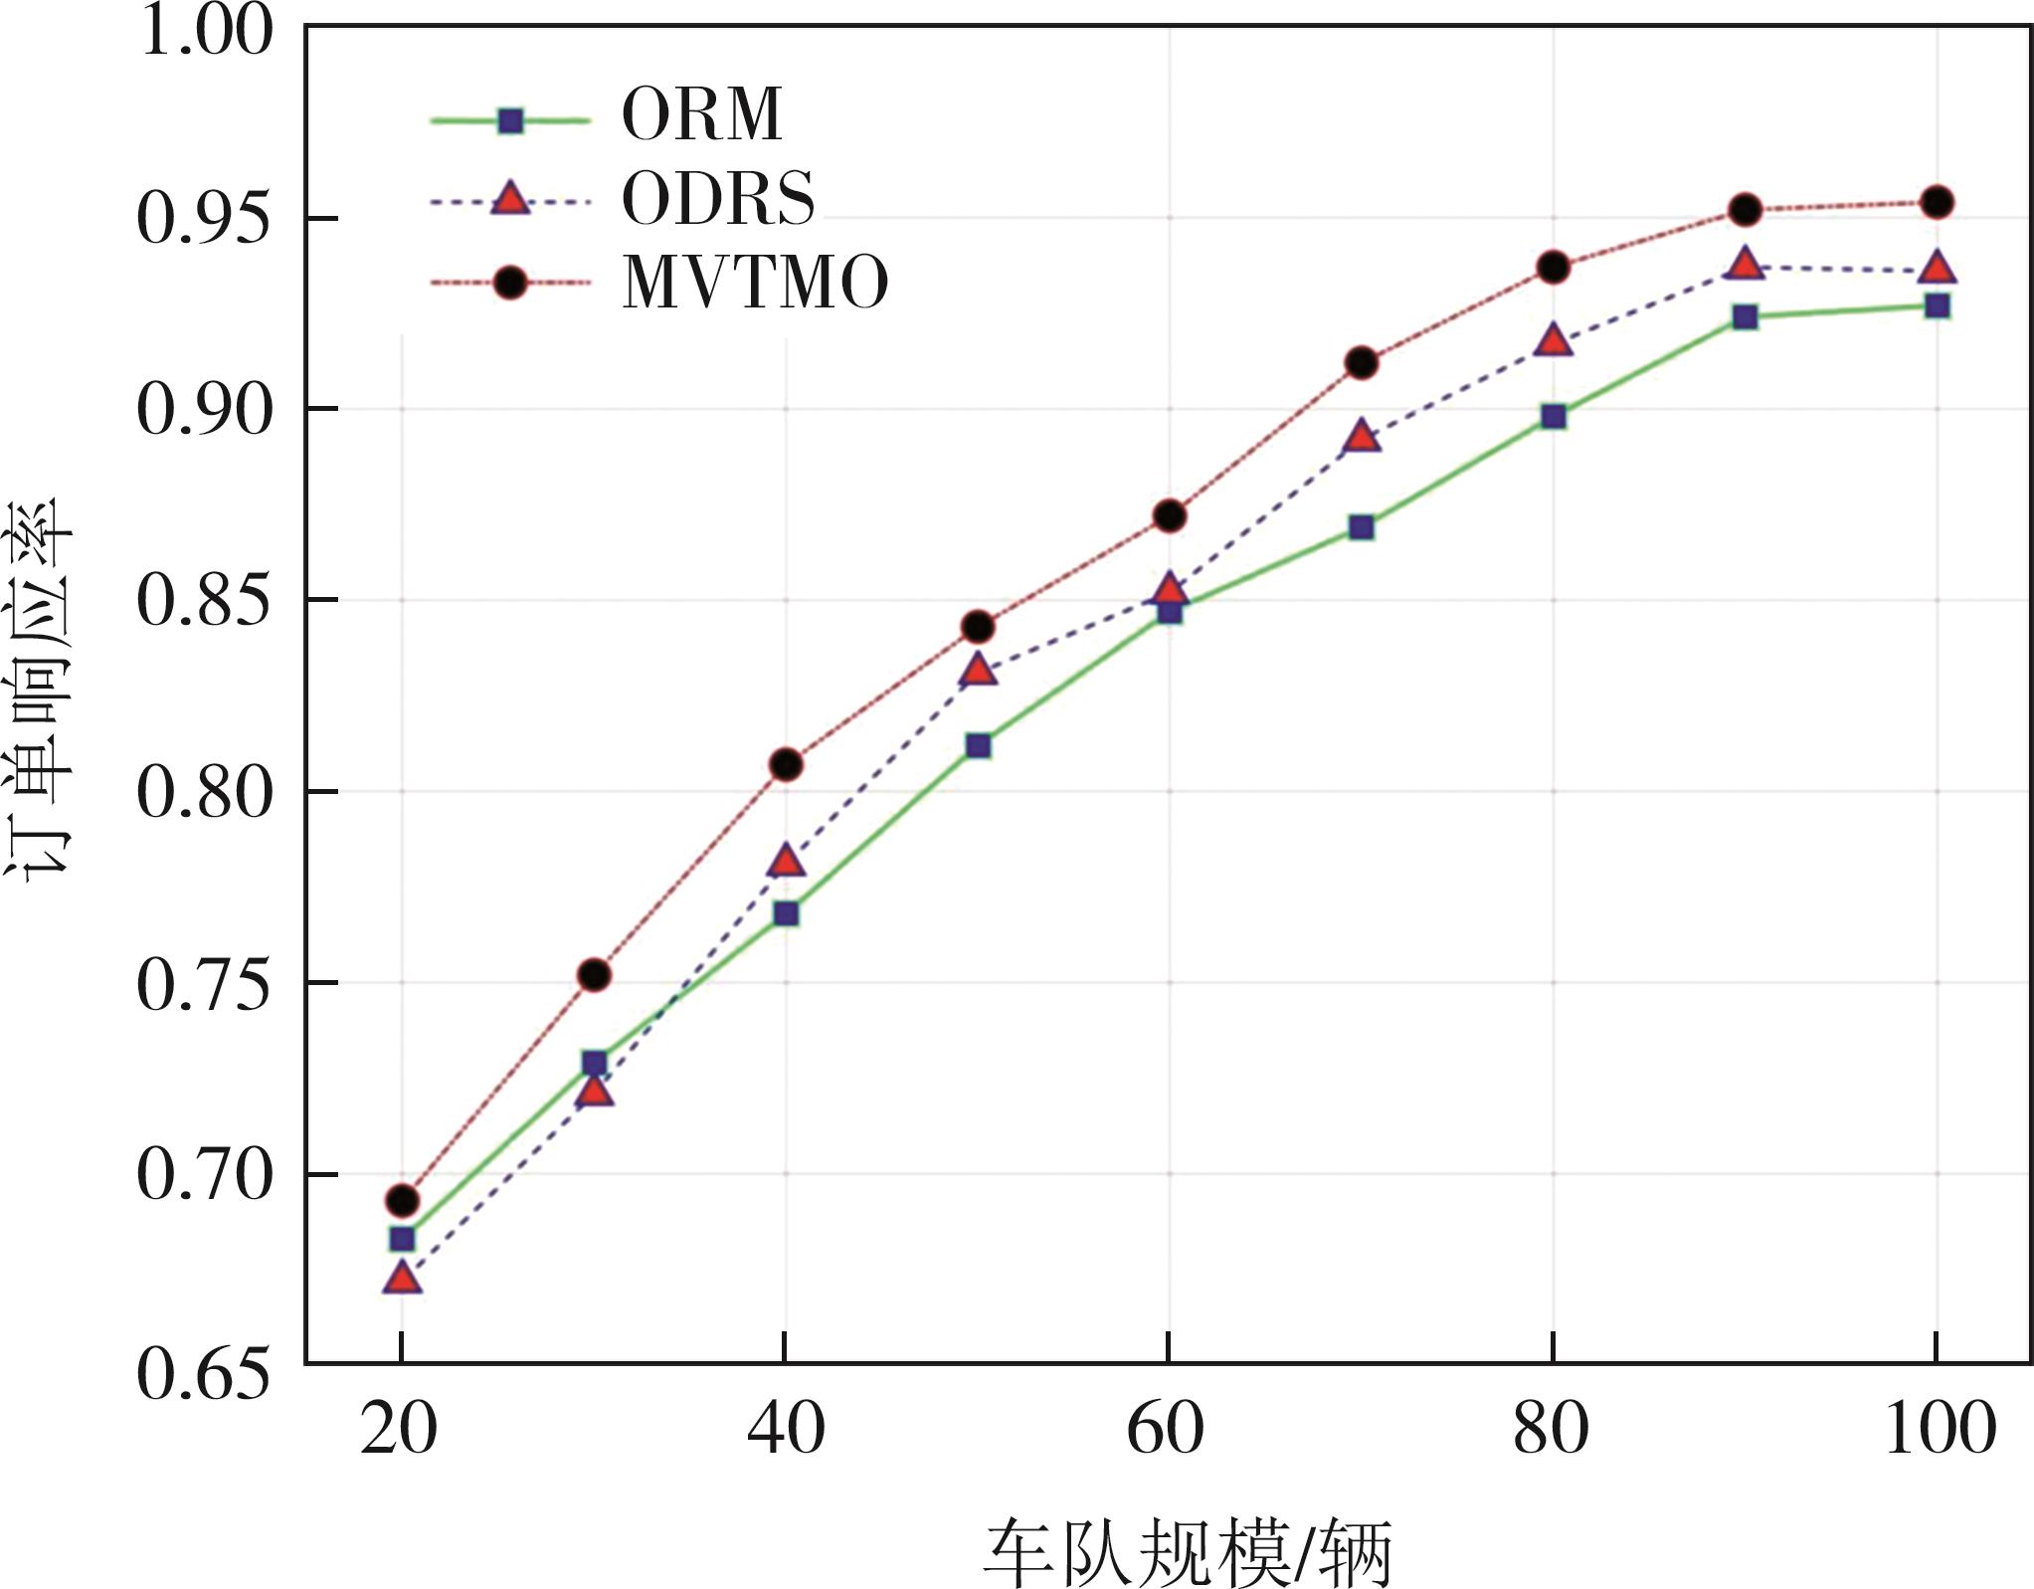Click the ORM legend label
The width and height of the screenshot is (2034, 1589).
click(x=702, y=115)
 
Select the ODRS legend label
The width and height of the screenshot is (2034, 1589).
click(x=718, y=199)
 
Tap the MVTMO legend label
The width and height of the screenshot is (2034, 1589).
click(x=755, y=284)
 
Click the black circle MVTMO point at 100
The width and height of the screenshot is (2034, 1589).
click(x=1937, y=203)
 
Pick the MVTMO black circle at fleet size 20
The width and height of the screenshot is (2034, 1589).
click(x=402, y=1201)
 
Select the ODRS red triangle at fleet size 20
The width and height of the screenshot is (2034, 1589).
click(x=402, y=1278)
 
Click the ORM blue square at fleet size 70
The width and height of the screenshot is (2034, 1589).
click(x=1362, y=527)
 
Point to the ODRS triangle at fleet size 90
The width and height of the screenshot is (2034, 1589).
click(x=1745, y=265)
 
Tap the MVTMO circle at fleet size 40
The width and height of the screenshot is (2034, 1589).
click(x=786, y=765)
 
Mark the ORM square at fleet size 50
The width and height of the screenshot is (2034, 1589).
click(x=978, y=746)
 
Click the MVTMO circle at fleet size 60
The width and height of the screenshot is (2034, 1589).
click(x=1170, y=516)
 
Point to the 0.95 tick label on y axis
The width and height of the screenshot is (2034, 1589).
click(x=204, y=219)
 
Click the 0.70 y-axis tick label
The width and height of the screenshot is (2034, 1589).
click(x=204, y=1175)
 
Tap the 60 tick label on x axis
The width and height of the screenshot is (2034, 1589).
click(x=1166, y=1430)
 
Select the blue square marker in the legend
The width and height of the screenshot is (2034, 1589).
click(x=510, y=120)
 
